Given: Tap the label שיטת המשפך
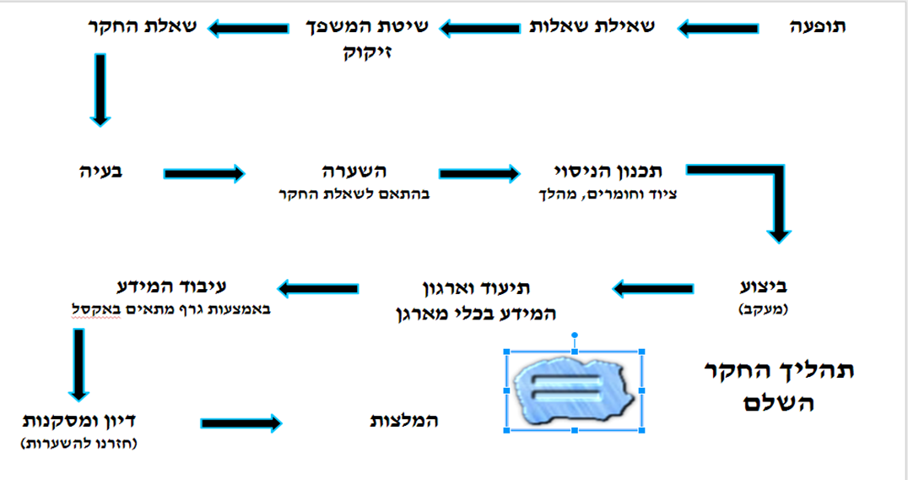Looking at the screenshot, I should coord(367,26).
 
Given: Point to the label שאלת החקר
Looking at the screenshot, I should coord(142,26).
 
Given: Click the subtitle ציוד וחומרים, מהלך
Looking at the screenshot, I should coord(608,194).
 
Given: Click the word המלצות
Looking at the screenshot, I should coord(404,420).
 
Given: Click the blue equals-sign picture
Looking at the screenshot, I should coord(575,390).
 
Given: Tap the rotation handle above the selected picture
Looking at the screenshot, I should coord(575,335).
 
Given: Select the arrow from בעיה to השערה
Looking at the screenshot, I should coord(204,173).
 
